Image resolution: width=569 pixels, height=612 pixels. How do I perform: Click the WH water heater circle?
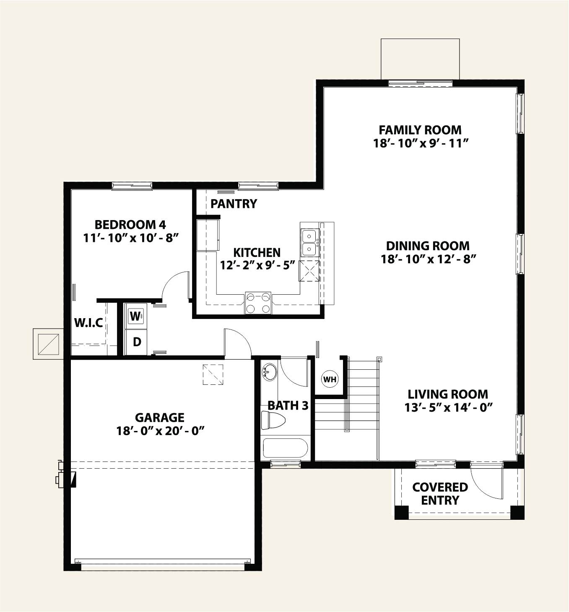point(330,379)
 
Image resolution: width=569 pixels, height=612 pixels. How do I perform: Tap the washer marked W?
point(135,316)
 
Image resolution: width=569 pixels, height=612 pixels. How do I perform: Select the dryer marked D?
point(136,342)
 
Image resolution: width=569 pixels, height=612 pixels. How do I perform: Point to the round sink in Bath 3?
point(269,372)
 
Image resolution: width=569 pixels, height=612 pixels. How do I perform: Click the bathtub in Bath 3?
point(285,448)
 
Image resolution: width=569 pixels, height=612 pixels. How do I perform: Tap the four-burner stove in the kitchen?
point(258,303)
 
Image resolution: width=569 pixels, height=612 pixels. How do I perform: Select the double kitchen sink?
point(309,242)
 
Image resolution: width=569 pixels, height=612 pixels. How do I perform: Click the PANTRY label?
point(234,204)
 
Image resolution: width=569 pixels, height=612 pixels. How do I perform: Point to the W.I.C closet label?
point(88,323)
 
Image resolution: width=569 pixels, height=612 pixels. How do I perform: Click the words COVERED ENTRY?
point(440,493)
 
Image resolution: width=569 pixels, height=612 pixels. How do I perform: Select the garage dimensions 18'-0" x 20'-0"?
point(160,431)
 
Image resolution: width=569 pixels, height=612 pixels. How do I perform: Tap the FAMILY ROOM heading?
point(420,130)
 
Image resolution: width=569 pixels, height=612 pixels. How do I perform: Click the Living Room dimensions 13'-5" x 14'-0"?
point(448,407)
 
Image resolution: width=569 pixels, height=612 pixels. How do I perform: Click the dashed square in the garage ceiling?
point(213,374)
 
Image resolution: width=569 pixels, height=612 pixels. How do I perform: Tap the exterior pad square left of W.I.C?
point(48,344)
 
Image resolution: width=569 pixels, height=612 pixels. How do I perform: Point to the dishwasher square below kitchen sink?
point(309,271)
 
